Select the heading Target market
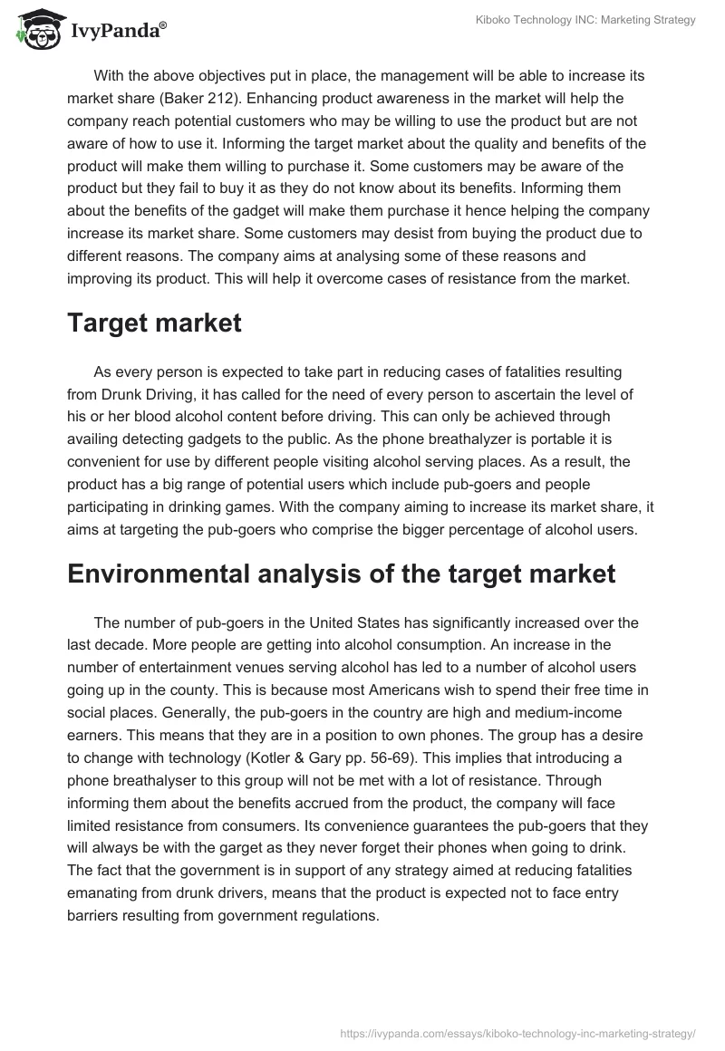click(x=154, y=323)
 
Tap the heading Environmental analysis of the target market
click(x=341, y=573)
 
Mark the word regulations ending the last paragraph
click(x=332, y=915)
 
